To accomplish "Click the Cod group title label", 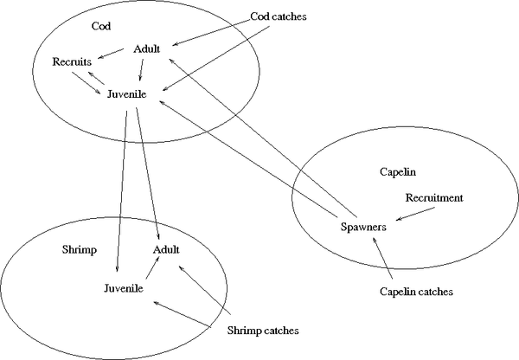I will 101,25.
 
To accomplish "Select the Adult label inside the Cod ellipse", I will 147,48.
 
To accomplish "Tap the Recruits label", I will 73,62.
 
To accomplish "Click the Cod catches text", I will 278,16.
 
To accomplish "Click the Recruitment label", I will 434,198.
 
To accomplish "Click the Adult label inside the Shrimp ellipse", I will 166,249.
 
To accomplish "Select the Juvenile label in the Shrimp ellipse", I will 124,287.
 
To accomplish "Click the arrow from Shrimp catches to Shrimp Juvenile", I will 183,314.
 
